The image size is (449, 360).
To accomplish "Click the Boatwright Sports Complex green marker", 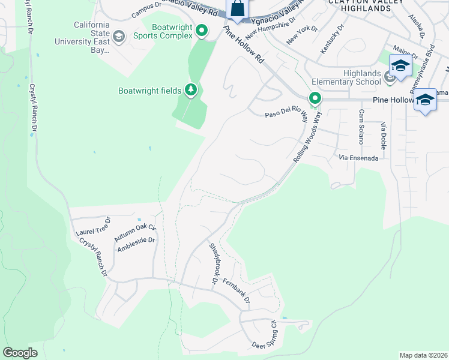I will tap(202, 31).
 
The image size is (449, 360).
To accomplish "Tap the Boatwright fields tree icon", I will tap(191, 90).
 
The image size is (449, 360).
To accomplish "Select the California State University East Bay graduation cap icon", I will tap(119, 37).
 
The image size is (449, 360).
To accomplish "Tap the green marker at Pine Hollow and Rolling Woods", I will tap(314, 98).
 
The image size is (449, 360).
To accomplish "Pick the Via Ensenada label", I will tap(358, 158).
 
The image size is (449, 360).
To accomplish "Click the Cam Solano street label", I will tap(361, 127).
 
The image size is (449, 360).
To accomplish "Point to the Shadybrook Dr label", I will tap(212, 263).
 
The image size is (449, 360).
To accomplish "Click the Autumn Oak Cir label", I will tap(136, 233).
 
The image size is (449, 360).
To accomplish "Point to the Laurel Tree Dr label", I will tap(94, 226).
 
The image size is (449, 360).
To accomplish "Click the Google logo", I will tap(20, 353).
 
